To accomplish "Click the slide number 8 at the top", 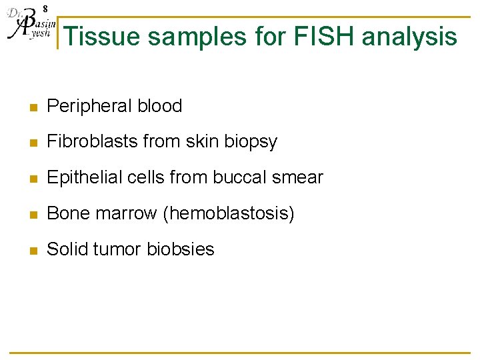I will click(x=45, y=9).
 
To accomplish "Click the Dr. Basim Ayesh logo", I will click(x=28, y=27).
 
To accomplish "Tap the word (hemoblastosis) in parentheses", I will click(x=230, y=213).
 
